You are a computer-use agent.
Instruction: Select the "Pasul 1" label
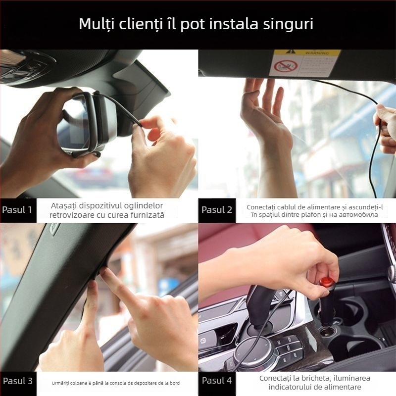tap(17, 209)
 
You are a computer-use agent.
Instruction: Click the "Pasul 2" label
tap(217, 209)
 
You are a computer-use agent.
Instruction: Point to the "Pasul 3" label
tap(17, 381)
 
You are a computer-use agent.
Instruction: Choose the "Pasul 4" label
tap(217, 381)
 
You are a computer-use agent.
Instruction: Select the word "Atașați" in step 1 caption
tap(66, 205)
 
